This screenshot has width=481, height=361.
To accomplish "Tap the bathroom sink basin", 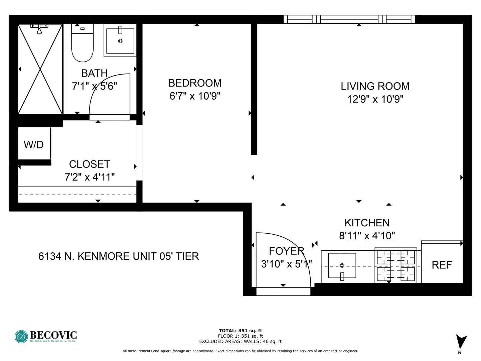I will (120, 41).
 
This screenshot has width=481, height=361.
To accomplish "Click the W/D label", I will (34, 145).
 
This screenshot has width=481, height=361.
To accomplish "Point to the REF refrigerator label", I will (442, 265).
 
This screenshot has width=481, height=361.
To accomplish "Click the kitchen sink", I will (342, 266).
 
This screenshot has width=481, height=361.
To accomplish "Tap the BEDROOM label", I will (195, 83).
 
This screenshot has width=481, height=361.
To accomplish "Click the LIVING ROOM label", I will (375, 86).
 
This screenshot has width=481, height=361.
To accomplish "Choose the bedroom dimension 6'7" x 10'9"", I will (195, 96).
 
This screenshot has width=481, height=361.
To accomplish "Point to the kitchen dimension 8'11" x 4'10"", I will (367, 236).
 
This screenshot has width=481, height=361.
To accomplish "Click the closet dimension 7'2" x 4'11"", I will (90, 177).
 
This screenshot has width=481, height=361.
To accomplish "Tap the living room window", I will (349, 19).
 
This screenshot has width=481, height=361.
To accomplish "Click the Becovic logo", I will (46, 336).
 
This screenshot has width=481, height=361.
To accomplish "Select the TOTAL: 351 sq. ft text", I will (240, 331).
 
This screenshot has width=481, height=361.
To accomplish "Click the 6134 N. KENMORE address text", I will (119, 256).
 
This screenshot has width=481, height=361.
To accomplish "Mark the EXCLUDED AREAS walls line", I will (240, 341).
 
